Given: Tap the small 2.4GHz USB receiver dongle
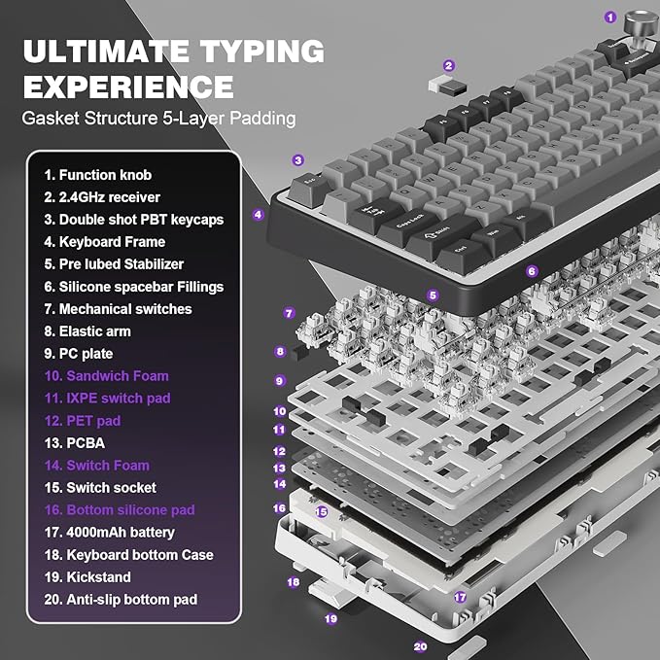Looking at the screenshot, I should pyautogui.click(x=440, y=87).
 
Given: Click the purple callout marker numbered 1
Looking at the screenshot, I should pyautogui.click(x=609, y=17).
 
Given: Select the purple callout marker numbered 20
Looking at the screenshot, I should pyautogui.click(x=420, y=645).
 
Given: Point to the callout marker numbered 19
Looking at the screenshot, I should pyautogui.click(x=330, y=617).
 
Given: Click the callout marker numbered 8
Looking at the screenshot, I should pyautogui.click(x=280, y=352).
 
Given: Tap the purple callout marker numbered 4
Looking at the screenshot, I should pyautogui.click(x=259, y=215).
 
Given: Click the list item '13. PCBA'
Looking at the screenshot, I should pyautogui.click(x=75, y=442).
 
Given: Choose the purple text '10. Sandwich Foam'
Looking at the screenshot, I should pyautogui.click(x=106, y=375).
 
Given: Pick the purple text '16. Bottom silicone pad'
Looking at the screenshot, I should pyautogui.click(x=119, y=509).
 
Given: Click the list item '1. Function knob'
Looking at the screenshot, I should pyautogui.click(x=97, y=175).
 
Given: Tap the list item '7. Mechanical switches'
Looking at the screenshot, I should pyautogui.click(x=118, y=309).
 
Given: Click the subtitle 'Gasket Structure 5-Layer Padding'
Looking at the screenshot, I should pyautogui.click(x=159, y=120).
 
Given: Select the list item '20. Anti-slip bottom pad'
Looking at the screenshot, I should pyautogui.click(x=121, y=599).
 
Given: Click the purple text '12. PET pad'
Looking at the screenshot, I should pyautogui.click(x=82, y=420).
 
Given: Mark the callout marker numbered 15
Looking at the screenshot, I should pyautogui.click(x=321, y=511).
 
